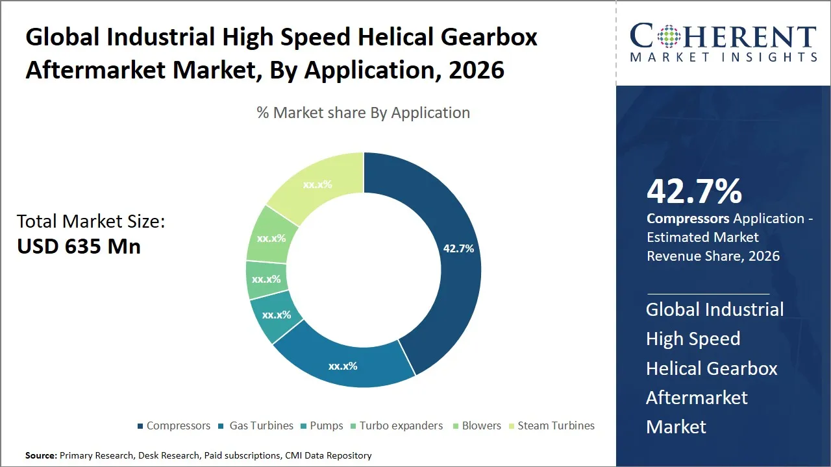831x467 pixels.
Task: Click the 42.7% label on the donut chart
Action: pos(458,248)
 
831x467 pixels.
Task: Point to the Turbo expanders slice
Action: pos(266,280)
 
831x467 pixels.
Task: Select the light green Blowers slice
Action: pos(271,238)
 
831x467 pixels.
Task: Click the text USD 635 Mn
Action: pos(79,246)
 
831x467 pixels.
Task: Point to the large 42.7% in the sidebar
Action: pos(694,191)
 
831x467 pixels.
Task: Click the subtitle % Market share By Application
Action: pos(363,113)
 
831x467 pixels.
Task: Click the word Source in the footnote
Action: pos(41,456)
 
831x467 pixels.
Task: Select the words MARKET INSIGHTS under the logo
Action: pos(723,58)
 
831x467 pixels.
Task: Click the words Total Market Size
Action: pos(91,222)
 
